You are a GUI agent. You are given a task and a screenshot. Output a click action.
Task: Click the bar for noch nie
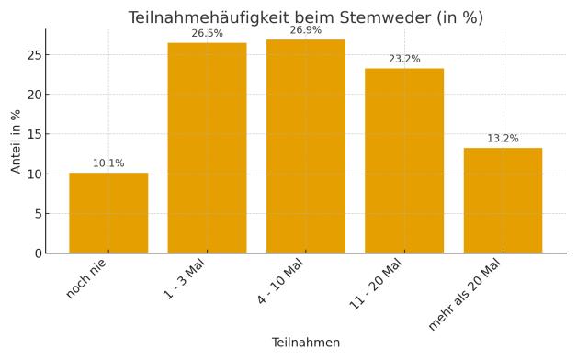click(108, 212)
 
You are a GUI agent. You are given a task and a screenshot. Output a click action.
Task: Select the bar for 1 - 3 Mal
click(207, 148)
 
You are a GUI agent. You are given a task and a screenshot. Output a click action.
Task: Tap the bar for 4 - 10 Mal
click(306, 146)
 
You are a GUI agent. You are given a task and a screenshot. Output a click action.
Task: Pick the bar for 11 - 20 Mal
click(404, 161)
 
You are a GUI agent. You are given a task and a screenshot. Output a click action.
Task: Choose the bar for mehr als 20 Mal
click(503, 200)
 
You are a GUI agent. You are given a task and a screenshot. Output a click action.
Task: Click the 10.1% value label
click(108, 163)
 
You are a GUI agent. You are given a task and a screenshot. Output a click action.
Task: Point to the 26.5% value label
click(207, 34)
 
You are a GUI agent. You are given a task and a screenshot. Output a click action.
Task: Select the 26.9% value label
click(306, 30)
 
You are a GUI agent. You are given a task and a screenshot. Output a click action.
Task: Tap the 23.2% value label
click(404, 60)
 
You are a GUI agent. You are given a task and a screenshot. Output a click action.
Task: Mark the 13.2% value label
click(503, 139)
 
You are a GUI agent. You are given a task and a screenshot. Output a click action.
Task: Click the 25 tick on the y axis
click(33, 55)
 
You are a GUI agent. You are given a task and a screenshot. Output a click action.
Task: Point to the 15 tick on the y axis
click(33, 134)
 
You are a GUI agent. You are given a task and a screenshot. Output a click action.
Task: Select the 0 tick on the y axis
click(38, 253)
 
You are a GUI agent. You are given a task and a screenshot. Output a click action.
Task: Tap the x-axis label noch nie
click(86, 277)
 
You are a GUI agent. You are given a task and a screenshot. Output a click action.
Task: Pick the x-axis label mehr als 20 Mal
click(465, 294)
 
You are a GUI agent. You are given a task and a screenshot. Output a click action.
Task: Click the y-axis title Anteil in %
click(16, 141)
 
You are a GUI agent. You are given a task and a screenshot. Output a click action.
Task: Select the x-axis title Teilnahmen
click(306, 343)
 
